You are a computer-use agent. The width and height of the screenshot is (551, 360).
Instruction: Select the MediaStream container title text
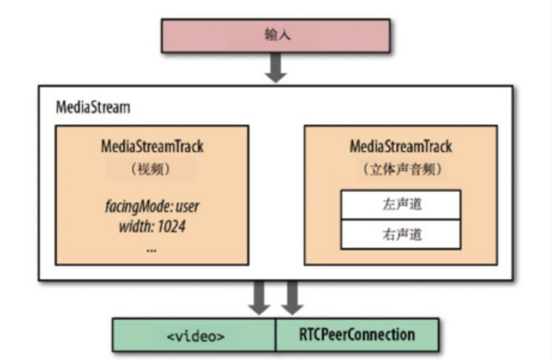(x=92, y=107)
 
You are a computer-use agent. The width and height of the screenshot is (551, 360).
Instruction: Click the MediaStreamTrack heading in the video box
(x=152, y=147)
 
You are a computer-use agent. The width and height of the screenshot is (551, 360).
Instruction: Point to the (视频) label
(x=152, y=169)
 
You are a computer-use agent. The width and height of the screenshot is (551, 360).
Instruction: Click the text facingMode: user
(x=152, y=205)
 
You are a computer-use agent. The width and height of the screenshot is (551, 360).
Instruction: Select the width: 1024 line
(x=152, y=227)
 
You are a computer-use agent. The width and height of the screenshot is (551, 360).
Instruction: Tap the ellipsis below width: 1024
(x=152, y=250)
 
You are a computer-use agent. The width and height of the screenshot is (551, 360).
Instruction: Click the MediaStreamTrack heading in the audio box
(x=400, y=147)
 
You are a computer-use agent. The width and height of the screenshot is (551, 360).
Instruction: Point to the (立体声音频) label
(x=400, y=169)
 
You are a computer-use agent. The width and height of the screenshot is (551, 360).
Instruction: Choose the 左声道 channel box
(x=400, y=204)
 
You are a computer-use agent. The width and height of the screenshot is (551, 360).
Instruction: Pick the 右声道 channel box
(x=400, y=235)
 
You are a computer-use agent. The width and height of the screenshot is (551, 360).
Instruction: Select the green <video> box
(x=195, y=335)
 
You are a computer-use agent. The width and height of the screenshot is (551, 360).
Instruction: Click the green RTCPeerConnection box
(x=356, y=335)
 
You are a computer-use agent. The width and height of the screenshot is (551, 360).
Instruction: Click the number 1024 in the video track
(x=170, y=227)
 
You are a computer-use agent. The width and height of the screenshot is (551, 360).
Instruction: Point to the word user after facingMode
(x=183, y=205)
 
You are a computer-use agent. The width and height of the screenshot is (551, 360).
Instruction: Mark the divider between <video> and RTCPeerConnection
(x=276, y=335)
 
